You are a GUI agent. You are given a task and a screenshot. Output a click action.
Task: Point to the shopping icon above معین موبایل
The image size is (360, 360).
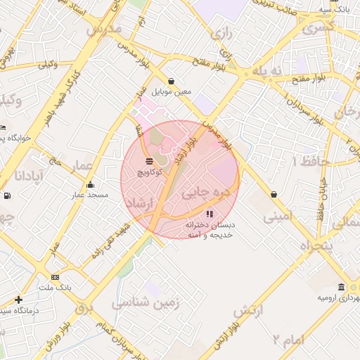172,81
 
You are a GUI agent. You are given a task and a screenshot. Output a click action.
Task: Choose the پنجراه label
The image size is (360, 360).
315,245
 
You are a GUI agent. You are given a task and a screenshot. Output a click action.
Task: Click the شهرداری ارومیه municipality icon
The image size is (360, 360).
342,288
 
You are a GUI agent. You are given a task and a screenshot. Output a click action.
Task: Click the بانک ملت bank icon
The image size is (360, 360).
56,278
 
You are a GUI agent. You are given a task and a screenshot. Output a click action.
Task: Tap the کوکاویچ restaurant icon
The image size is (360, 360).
149,161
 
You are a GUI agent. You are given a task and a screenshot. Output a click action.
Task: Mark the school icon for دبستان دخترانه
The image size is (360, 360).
209,214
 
